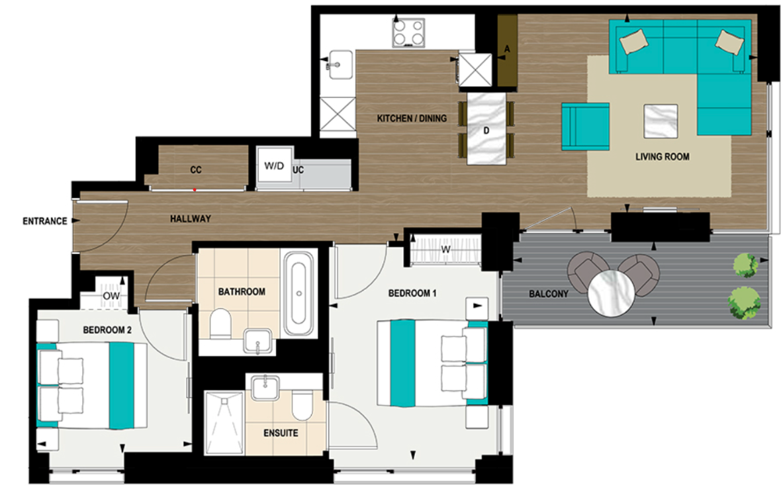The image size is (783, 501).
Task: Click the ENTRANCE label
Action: click(45, 221)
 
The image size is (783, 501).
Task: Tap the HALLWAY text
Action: click(190, 218)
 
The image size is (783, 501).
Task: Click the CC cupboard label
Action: click(195, 170)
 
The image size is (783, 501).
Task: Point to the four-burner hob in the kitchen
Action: click(408, 31)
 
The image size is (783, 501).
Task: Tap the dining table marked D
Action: click(486, 130)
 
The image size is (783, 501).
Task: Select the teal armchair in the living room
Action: click(585, 126)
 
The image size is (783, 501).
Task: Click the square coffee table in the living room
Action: click(661, 121)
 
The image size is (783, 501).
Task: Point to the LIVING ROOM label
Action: click(662, 157)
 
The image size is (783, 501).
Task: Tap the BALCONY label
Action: click(548, 294)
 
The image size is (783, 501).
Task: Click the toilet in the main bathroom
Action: click(220, 324)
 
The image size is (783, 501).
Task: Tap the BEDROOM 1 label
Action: click(412, 293)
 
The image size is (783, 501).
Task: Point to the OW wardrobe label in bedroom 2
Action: click(111, 295)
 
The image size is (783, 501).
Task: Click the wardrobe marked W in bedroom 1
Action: click(445, 250)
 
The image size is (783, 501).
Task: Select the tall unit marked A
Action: click(507, 50)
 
